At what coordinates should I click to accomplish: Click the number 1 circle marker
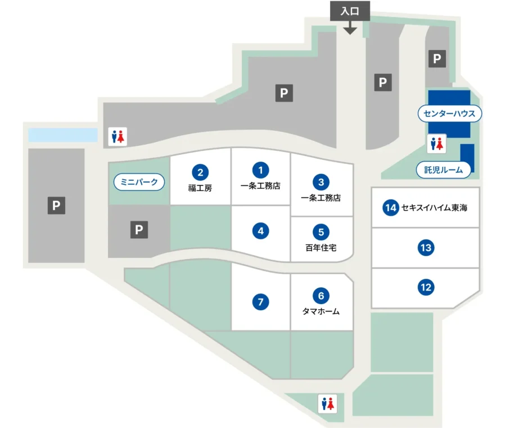pyautogui.click(x=260, y=169)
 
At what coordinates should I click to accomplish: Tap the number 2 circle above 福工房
pyautogui.click(x=200, y=171)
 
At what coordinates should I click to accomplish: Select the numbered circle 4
pyautogui.click(x=260, y=230)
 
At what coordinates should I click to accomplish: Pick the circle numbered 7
pyautogui.click(x=260, y=302)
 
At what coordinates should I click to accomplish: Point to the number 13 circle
pyautogui.click(x=426, y=247)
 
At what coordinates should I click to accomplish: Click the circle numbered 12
pyautogui.click(x=426, y=288)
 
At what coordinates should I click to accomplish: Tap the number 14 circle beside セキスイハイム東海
pyautogui.click(x=390, y=208)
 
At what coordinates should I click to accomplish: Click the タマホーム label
pyautogui.click(x=320, y=311)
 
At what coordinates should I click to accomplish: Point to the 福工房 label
pyautogui.click(x=200, y=188)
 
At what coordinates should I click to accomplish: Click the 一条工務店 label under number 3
pyautogui.click(x=320, y=198)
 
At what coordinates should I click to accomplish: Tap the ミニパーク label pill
pyautogui.click(x=140, y=182)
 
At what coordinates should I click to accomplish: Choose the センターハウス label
pyautogui.click(x=449, y=114)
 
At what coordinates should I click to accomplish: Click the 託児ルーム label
pyautogui.click(x=444, y=169)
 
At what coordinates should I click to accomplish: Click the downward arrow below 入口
pyautogui.click(x=350, y=28)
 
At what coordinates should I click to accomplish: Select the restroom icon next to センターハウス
pyautogui.click(x=437, y=144)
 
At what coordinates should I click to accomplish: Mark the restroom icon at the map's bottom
pyautogui.click(x=327, y=403)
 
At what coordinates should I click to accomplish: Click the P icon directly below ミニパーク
pyautogui.click(x=139, y=230)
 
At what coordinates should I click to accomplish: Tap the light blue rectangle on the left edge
pyautogui.click(x=62, y=135)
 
